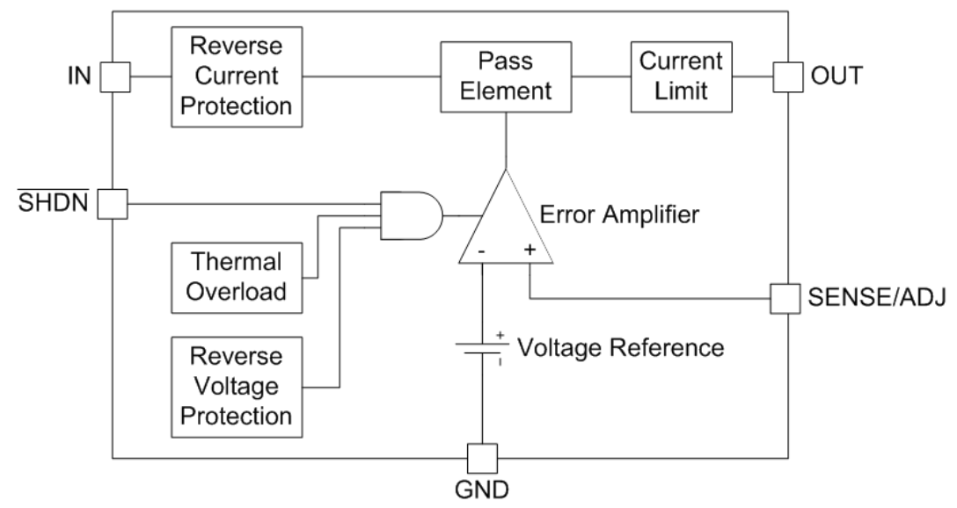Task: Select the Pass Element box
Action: [504, 76]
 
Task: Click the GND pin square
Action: [483, 458]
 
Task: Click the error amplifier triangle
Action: [504, 224]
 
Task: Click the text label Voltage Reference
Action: [620, 347]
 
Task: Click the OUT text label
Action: [832, 77]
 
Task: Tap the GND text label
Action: [483, 490]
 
